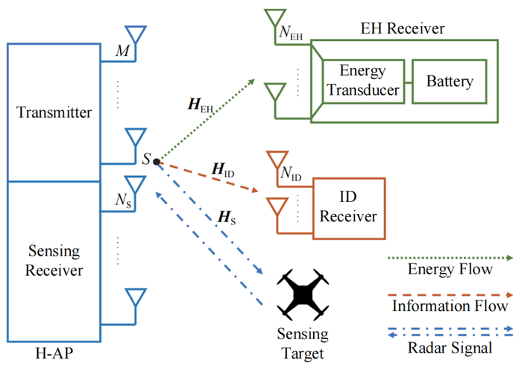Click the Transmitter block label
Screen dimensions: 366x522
point(54,113)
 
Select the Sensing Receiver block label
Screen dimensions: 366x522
point(54,258)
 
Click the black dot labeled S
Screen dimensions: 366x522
point(157,161)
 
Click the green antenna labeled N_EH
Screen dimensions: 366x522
point(274,20)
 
